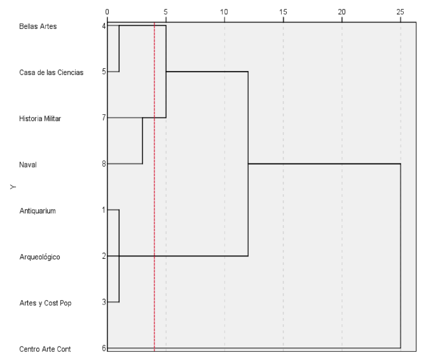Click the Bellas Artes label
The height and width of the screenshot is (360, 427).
click(x=38, y=26)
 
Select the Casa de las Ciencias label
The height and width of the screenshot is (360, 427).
click(x=51, y=73)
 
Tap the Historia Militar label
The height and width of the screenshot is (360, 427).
click(x=40, y=118)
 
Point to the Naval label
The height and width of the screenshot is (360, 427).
click(x=28, y=165)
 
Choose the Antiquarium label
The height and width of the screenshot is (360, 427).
click(x=37, y=211)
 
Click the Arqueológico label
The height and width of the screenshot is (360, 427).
click(x=40, y=257)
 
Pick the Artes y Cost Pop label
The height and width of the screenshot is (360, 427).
click(x=45, y=303)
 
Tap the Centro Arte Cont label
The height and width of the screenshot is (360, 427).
click(x=45, y=349)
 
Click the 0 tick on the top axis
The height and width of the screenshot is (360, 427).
click(x=107, y=12)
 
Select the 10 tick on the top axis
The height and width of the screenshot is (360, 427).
click(x=224, y=12)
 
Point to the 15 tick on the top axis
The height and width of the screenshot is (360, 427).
click(x=283, y=12)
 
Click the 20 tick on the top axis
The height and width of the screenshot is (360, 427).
click(x=342, y=12)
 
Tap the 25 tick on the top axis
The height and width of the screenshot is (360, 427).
click(x=400, y=12)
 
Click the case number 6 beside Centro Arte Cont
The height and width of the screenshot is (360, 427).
click(x=104, y=348)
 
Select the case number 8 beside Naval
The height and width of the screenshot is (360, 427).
click(x=104, y=164)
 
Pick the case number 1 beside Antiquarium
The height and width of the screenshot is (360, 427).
click(x=104, y=210)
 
